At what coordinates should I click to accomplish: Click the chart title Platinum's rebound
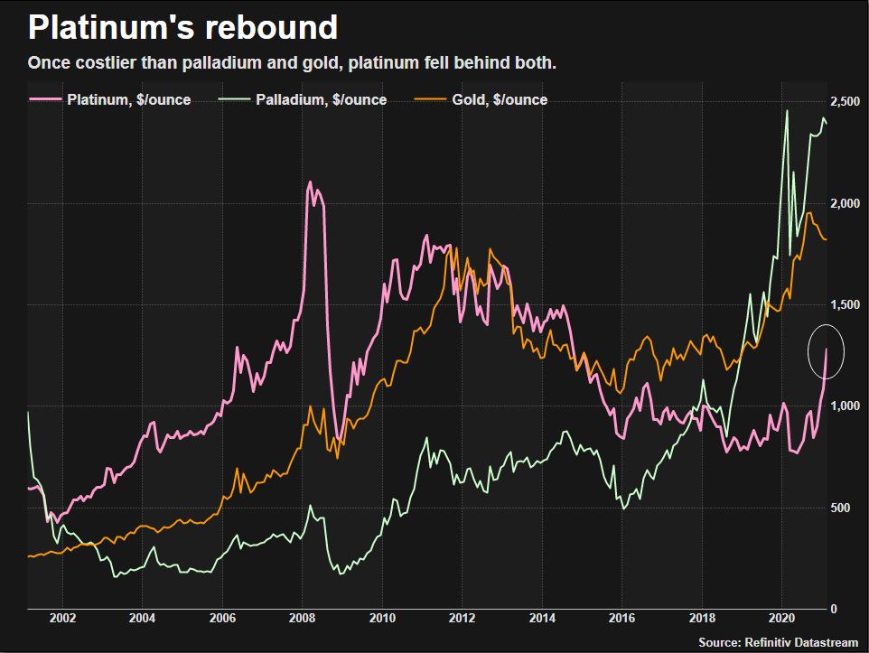pyautogui.click(x=182, y=28)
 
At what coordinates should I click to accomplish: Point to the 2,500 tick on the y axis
pyautogui.click(x=846, y=102)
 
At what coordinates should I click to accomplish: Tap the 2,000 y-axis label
pyautogui.click(x=846, y=204)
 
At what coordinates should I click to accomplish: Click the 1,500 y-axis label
pyautogui.click(x=846, y=305)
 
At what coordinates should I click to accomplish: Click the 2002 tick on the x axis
pyautogui.click(x=61, y=619)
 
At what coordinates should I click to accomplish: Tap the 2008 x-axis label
pyautogui.click(x=302, y=619)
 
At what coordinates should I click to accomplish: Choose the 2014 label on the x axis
pyautogui.click(x=542, y=619)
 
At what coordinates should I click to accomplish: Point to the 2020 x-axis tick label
pyautogui.click(x=782, y=619)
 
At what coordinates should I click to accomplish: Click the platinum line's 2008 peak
pyautogui.click(x=310, y=182)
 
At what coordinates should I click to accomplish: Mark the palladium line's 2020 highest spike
pyautogui.click(x=786, y=111)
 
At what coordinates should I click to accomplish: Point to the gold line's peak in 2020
pyautogui.click(x=809, y=213)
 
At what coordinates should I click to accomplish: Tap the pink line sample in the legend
pyautogui.click(x=45, y=99)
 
